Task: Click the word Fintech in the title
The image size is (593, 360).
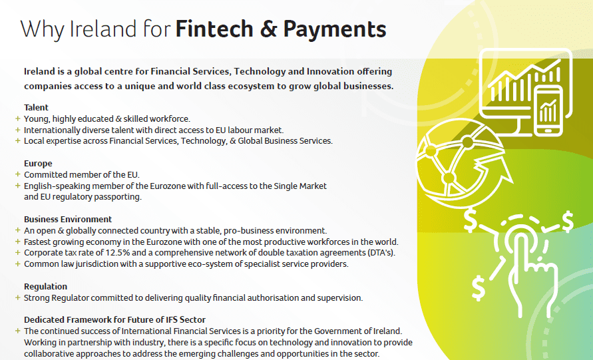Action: pos(214,29)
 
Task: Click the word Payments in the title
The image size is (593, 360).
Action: pos(335,30)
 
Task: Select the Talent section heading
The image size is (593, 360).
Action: pos(37,107)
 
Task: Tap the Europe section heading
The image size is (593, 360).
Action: pos(38,163)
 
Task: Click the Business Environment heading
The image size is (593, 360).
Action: pos(68,220)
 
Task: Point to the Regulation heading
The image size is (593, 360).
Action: pos(45,287)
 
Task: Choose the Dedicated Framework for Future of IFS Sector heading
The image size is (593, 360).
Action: pos(115,320)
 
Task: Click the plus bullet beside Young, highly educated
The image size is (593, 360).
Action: pos(17,118)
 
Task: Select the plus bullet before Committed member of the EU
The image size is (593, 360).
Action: pos(17,174)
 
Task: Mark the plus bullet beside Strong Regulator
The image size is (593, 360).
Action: pos(17,297)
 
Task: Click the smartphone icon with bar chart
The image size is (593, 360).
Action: pos(548,110)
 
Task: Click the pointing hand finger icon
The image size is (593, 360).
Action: pos(530,272)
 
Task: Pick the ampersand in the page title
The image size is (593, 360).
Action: pos(268,29)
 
